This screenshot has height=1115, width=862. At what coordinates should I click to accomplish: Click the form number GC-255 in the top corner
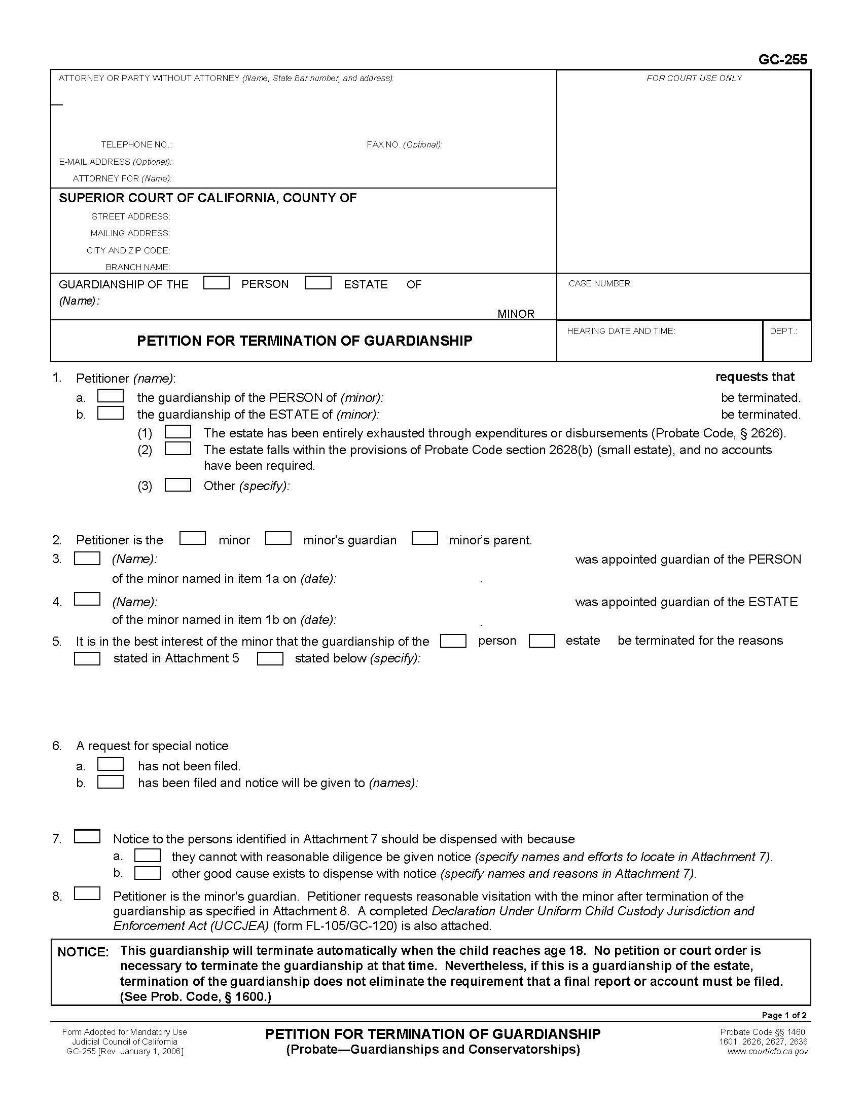pos(782,60)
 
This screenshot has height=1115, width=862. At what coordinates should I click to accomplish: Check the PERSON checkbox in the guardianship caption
pos(216,283)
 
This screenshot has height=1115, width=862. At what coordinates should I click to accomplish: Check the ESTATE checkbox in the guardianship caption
pos(318,283)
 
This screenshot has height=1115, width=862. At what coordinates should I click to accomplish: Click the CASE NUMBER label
pos(600,283)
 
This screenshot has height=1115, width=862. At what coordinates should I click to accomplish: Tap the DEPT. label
pos(783,331)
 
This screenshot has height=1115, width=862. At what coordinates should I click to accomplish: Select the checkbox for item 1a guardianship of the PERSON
pos(111,396)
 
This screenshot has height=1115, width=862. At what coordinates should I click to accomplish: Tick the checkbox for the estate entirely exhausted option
pos(177,432)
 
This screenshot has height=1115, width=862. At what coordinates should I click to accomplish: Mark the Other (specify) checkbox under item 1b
pos(177,485)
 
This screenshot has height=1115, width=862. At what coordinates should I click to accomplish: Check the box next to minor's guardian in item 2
pos(278,539)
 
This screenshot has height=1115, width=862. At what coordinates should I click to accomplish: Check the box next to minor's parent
pos(424,539)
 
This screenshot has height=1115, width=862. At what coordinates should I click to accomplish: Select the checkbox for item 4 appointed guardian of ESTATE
pos(87,599)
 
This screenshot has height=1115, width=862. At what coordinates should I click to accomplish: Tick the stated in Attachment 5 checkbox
pos(87,658)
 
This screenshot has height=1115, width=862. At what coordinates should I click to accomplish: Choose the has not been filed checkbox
pos(111,764)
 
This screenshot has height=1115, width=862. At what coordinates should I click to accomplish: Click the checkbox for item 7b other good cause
pos(147,873)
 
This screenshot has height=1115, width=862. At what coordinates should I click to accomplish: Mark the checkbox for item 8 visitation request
pos(87,894)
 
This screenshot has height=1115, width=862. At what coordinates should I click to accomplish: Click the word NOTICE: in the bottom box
pos(83,952)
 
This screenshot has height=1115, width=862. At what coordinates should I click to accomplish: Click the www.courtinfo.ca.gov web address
pos(767,1051)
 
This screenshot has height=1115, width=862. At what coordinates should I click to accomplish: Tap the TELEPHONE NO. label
pos(136,144)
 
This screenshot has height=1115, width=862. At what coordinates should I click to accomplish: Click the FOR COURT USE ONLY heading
pos(694,78)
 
